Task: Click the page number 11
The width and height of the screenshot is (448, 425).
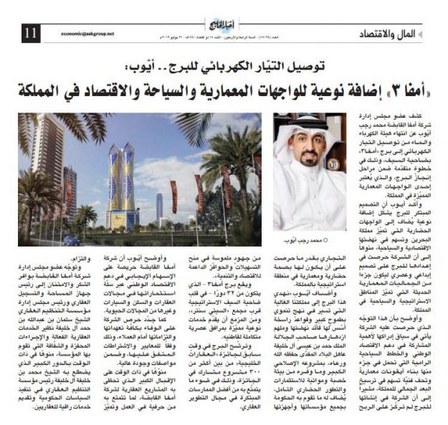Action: coord(30,32)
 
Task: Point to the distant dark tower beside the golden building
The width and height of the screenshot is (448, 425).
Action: coord(159,207)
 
